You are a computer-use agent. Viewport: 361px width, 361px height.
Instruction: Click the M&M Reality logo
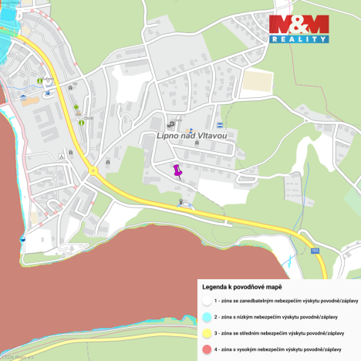(299, 29)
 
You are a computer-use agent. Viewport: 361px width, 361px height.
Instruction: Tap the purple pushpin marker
(177, 170)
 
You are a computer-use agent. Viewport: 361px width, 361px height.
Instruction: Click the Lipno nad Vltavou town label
(191, 136)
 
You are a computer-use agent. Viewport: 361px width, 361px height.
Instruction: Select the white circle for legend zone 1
(206, 300)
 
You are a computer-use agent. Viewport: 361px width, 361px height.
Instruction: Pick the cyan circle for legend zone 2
(206, 316)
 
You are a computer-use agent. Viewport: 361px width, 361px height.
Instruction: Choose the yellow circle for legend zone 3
(206, 332)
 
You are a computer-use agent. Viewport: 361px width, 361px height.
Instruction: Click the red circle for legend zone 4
(206, 349)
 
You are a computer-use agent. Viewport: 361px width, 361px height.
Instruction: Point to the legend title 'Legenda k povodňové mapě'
(241, 285)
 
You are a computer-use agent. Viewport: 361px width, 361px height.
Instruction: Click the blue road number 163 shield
(315, 251)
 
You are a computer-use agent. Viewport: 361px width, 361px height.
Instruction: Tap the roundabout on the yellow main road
(93, 170)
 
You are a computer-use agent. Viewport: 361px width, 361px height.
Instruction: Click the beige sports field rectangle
(260, 80)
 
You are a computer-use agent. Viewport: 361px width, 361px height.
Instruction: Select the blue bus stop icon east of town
(220, 124)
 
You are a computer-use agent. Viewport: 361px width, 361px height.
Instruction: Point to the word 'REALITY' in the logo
(299, 39)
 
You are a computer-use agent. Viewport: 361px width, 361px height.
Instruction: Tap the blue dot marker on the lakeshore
(22, 239)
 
